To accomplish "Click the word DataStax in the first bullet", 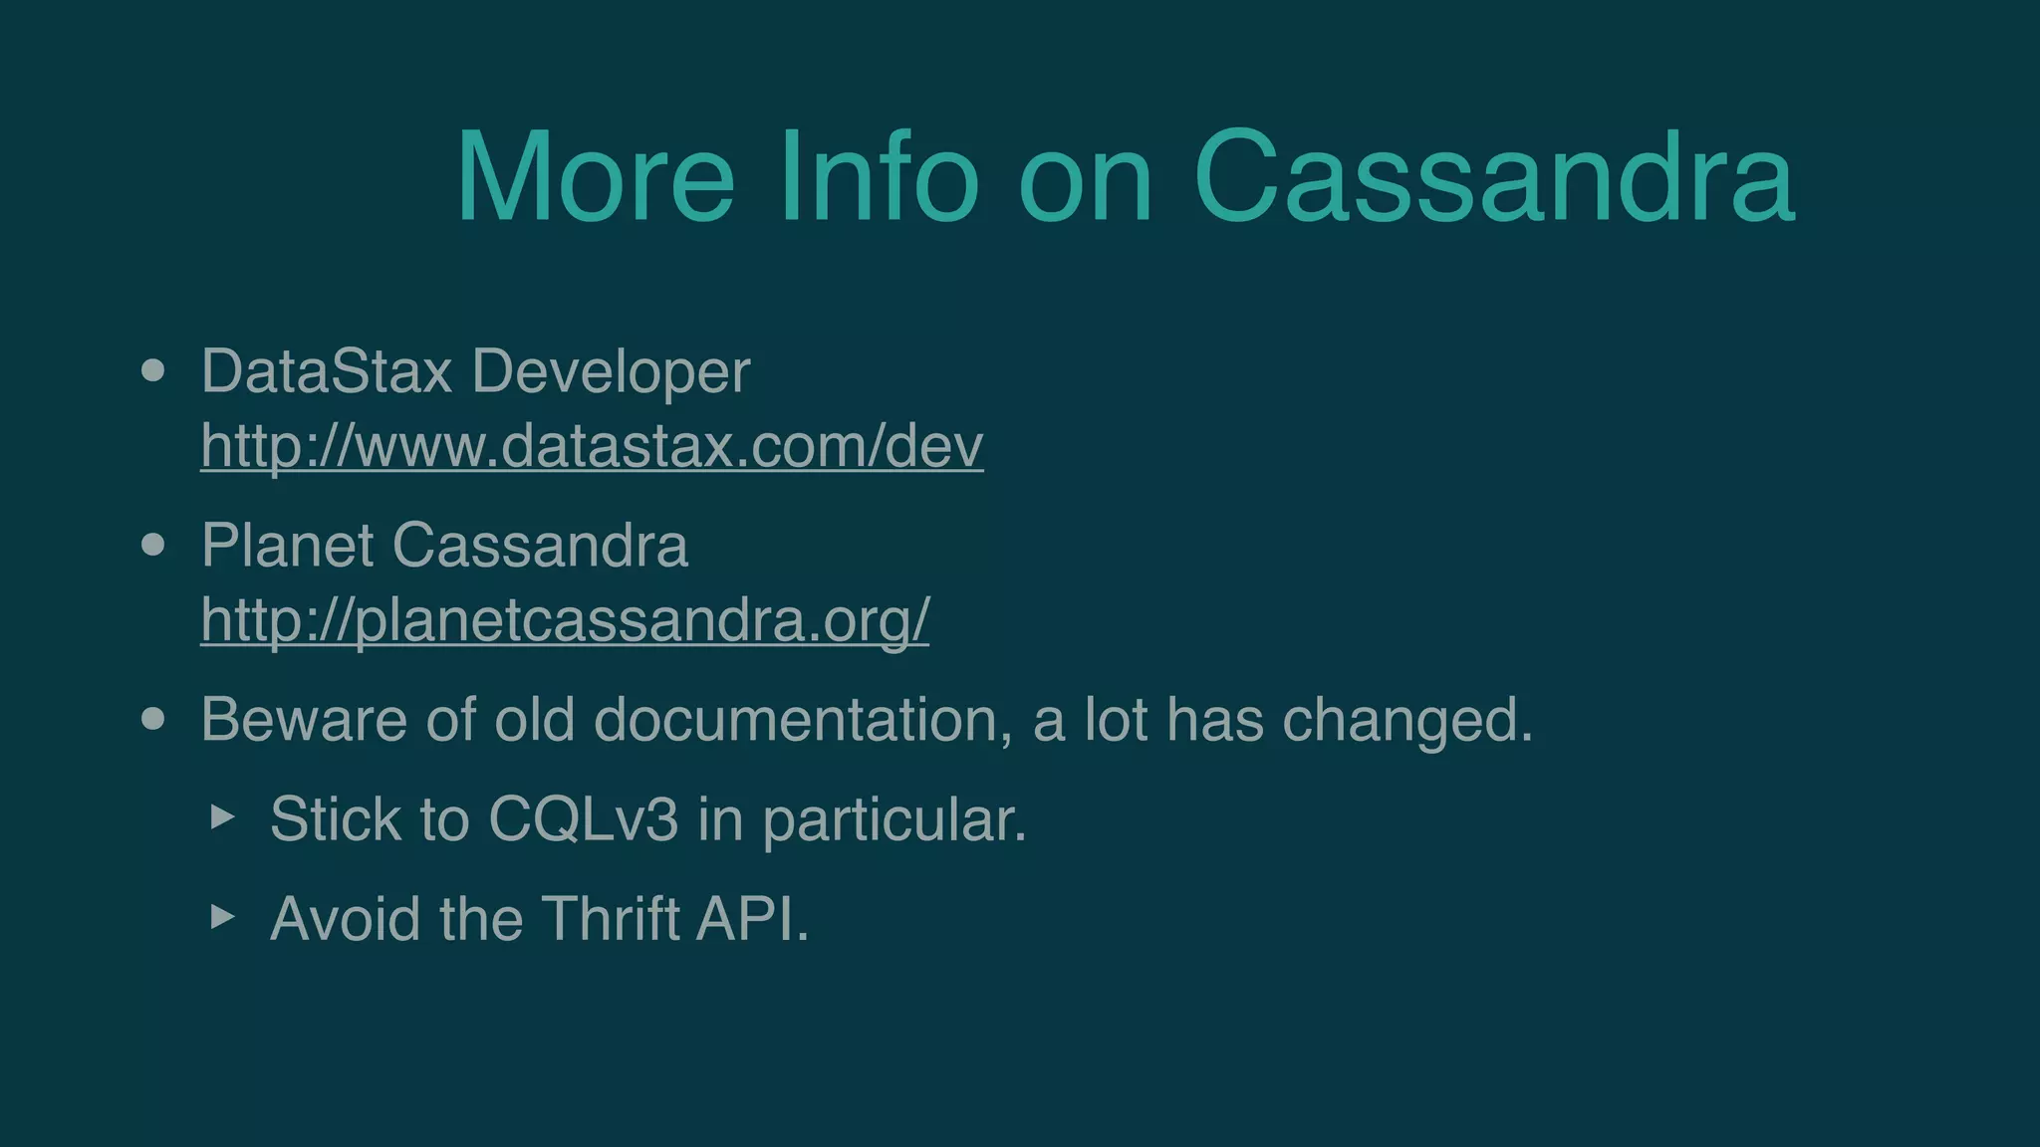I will coord(327,371).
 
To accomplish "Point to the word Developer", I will coord(611,373).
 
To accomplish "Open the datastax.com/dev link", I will coord(592,445).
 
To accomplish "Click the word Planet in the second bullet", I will coord(288,546).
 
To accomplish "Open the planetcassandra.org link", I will coord(565,619).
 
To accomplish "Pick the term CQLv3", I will coord(583,819).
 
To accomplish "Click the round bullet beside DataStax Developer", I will coord(152,371).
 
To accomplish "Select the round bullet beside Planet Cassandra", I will coord(152,546).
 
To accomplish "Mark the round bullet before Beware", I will coord(152,719).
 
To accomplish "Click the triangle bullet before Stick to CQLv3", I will coord(223,817).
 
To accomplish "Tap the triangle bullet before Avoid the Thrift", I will coord(223,916).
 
